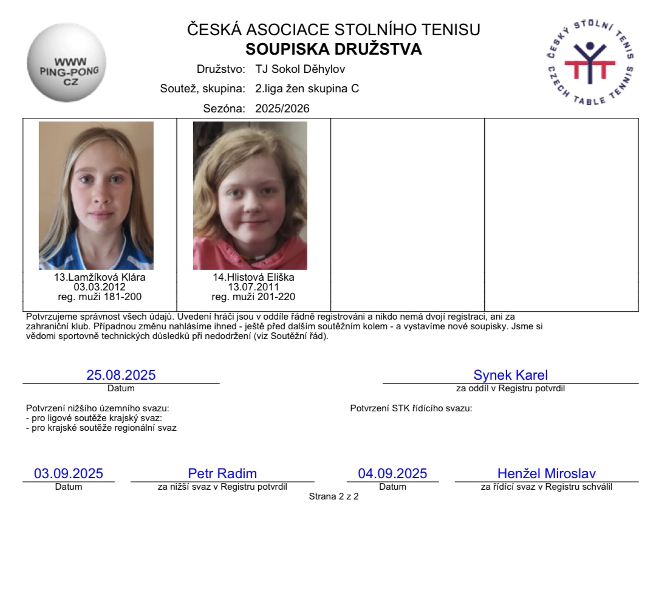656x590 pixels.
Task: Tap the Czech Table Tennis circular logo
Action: click(590, 63)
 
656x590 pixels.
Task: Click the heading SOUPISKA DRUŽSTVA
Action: click(333, 49)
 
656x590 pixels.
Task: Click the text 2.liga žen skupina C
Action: click(307, 89)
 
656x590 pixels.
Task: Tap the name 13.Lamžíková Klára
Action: click(100, 278)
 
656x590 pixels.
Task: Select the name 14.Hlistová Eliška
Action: click(253, 278)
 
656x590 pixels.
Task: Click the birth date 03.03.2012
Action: click(100, 287)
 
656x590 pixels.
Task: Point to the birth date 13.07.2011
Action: click(253, 287)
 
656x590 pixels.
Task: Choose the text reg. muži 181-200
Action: click(100, 297)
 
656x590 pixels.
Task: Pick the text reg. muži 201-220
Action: click(253, 297)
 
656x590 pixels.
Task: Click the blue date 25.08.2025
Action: click(121, 375)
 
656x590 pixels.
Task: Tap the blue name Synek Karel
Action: click(510, 375)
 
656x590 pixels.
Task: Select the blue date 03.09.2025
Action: click(69, 473)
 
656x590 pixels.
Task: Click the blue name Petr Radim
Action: click(222, 473)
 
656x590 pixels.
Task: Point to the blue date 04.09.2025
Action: click(392, 473)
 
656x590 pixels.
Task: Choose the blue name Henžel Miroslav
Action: click(546, 473)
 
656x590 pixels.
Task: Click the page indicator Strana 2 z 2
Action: click(333, 496)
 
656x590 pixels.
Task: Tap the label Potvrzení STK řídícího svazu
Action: click(411, 408)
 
